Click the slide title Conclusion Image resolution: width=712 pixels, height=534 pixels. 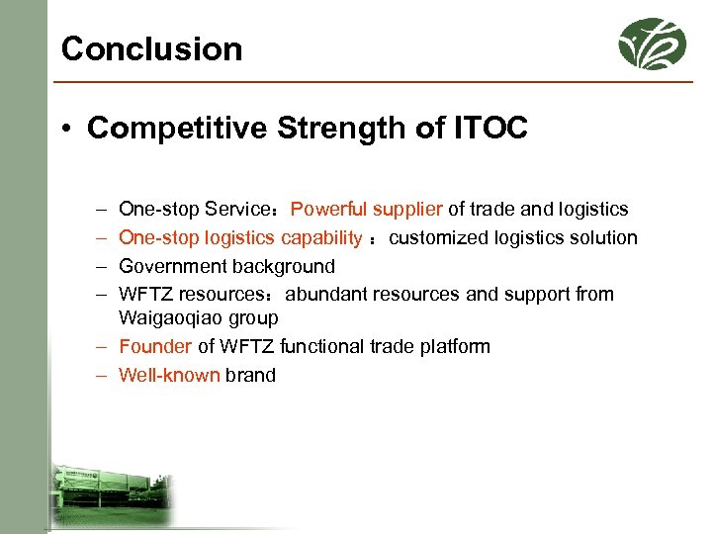coord(151,48)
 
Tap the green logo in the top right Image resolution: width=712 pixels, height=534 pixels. coord(652,44)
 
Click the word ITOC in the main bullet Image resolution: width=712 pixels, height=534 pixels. coord(490,129)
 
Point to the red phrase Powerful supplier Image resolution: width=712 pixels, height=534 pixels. coord(367,209)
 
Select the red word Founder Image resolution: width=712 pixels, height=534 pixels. coord(155,346)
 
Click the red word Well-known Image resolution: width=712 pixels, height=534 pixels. coord(169,375)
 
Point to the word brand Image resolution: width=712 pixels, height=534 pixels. coord(250,375)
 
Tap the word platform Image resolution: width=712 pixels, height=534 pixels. coord(455,346)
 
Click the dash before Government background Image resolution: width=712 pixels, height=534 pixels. coord(102,266)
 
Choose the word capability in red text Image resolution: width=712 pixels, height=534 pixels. coord(321,237)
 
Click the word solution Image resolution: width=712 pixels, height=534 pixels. coord(604,237)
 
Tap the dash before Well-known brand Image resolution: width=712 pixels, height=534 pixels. coord(102,375)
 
